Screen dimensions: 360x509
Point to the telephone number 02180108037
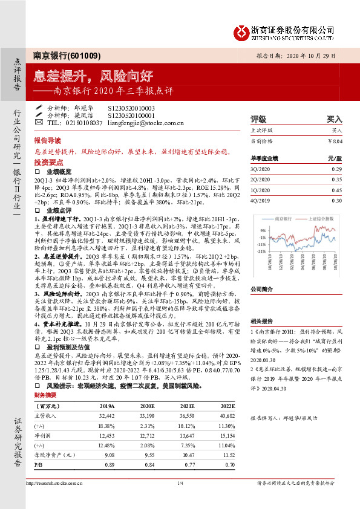(x=82, y=123)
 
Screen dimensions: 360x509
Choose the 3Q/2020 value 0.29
(x=336, y=169)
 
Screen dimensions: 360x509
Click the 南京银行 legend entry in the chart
(x=286, y=216)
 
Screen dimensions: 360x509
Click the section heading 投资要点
(x=48, y=163)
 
